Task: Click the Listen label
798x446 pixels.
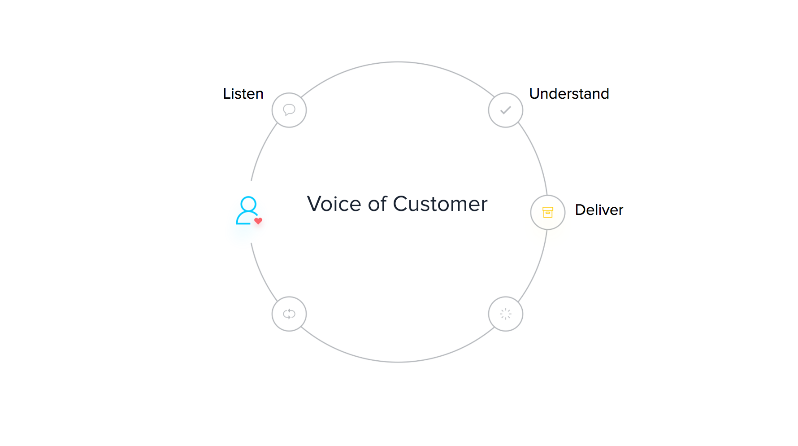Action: pyautogui.click(x=243, y=94)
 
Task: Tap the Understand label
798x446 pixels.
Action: pyautogui.click(x=569, y=94)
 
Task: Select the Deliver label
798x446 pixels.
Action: pyautogui.click(x=599, y=210)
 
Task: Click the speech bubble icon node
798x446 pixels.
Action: pyautogui.click(x=289, y=110)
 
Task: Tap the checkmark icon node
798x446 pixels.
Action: pyautogui.click(x=506, y=110)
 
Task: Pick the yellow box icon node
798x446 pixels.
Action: pyautogui.click(x=548, y=212)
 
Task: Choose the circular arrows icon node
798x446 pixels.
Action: pyautogui.click(x=289, y=314)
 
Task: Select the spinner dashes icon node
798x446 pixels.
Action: pyautogui.click(x=506, y=314)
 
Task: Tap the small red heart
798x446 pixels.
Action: pyautogui.click(x=258, y=221)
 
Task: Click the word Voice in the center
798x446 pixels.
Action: pyautogui.click(x=334, y=204)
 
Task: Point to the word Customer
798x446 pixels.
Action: pyautogui.click(x=440, y=204)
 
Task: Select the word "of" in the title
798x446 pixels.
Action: pyautogui.click(x=377, y=204)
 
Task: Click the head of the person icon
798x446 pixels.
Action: pyautogui.click(x=248, y=204)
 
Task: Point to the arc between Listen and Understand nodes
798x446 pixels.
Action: pyautogui.click(x=398, y=62)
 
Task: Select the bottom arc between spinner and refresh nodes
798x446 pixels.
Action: pyautogui.click(x=398, y=362)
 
